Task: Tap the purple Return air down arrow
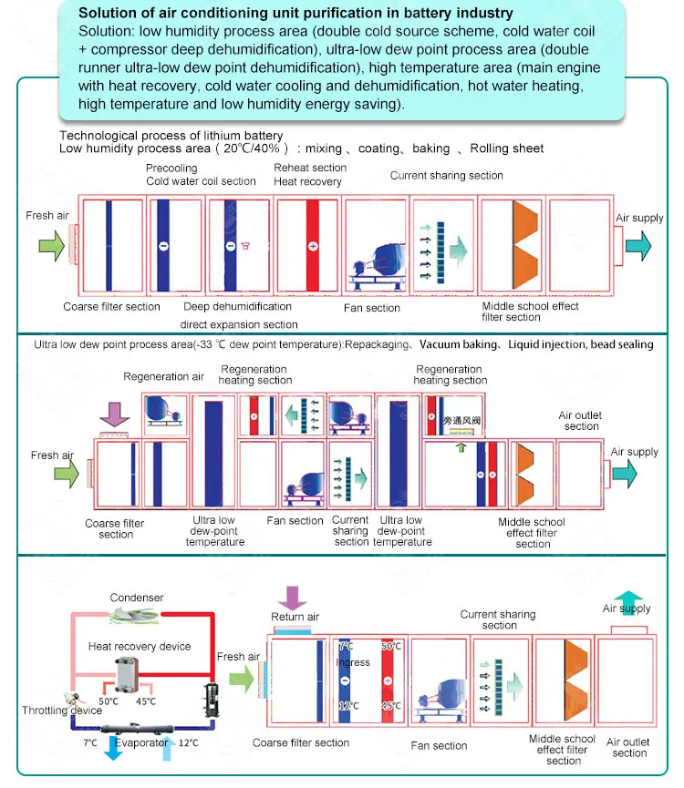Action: [x=294, y=598]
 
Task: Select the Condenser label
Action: [x=137, y=598]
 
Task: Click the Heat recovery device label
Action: [x=140, y=646]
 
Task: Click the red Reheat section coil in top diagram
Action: [x=312, y=246]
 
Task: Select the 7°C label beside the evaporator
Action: [x=88, y=743]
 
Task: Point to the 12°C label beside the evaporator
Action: [x=190, y=743]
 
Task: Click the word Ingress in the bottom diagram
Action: [x=353, y=662]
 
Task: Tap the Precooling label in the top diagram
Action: [x=171, y=168]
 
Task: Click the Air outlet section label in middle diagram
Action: [x=581, y=421]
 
